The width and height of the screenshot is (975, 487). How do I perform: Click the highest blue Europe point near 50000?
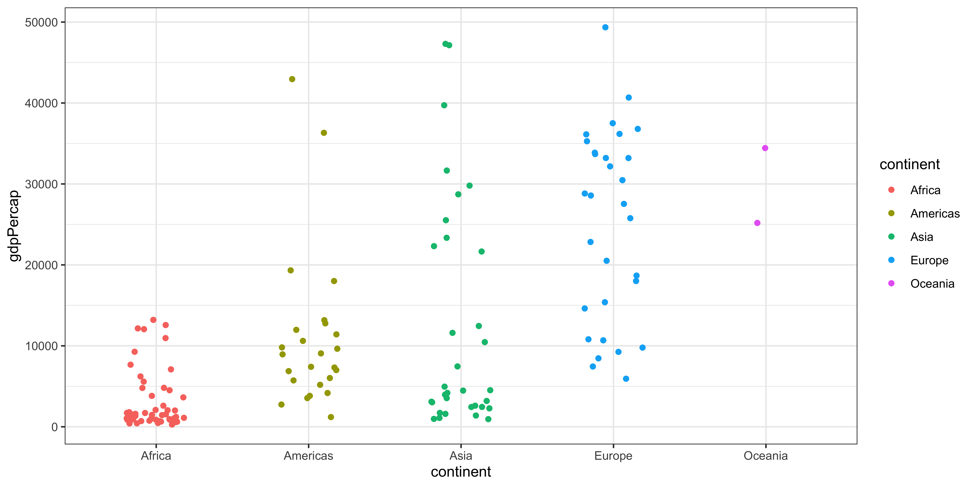point(605,27)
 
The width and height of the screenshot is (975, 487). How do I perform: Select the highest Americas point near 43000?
point(292,79)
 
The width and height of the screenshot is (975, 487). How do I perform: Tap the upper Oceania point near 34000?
point(765,148)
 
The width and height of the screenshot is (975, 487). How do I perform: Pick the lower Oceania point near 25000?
point(757,223)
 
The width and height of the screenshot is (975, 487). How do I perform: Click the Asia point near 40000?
point(444,105)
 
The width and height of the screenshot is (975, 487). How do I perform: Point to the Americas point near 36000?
point(324,133)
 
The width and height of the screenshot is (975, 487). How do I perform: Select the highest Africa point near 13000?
point(153,320)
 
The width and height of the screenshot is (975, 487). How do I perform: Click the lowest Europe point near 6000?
point(626,379)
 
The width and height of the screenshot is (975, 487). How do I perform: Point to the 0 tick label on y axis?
point(54,427)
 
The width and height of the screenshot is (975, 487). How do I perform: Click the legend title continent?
point(910,164)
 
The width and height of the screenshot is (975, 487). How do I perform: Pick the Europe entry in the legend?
point(929,260)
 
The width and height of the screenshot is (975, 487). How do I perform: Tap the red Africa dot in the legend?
point(891,190)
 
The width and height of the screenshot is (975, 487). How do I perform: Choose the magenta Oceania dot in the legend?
point(891,283)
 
